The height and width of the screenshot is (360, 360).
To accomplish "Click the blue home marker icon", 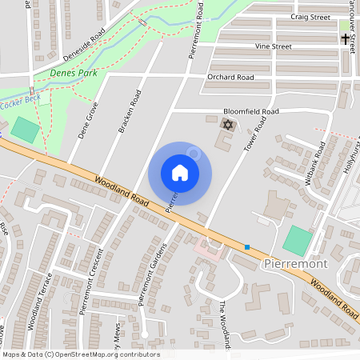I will coord(180,173).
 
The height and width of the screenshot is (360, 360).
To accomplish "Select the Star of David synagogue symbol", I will coord(226,125).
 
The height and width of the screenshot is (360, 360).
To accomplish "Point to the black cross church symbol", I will coord(346,38).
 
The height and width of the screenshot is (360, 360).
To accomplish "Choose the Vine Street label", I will coord(273,46).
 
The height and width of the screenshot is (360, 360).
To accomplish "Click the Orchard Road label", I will coord(230,78).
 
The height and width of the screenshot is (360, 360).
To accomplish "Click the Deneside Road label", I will coord(86,45).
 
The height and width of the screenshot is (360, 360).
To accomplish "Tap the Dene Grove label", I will coord(88,120).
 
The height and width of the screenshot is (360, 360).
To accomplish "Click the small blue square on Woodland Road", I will coord(247,246).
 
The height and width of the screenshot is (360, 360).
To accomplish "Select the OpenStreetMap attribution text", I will coord(81,354).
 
